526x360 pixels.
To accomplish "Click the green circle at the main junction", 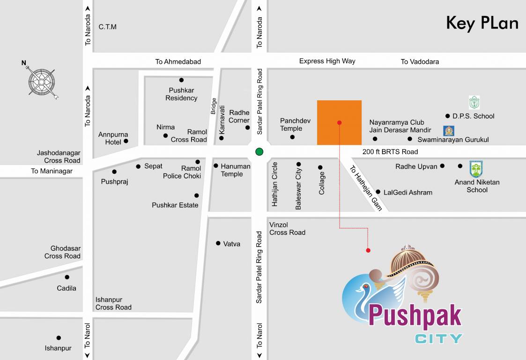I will tap(259, 151).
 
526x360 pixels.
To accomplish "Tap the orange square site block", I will tap(339, 122).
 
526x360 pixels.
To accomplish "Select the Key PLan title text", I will tap(482, 23).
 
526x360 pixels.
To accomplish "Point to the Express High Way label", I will tap(327, 61).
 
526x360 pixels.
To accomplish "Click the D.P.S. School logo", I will tap(474, 103).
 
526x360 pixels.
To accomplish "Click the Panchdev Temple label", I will tap(295, 125).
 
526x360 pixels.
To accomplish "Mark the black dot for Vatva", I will tap(218, 243).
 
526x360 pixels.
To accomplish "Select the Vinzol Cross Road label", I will tap(287, 229).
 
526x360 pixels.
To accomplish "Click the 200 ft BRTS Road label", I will tap(390, 152).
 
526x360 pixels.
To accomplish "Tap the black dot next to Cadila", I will tap(67, 277).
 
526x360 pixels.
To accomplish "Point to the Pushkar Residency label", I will tap(181, 94).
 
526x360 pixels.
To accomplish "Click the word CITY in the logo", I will tap(438, 338).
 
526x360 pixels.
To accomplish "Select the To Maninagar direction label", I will tap(52, 171).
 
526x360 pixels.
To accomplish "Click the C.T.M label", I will tap(107, 27).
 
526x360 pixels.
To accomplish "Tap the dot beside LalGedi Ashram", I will tap(378, 192).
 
